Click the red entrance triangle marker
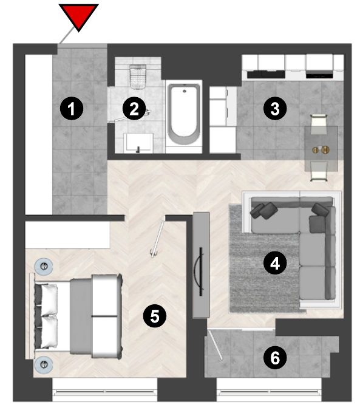(x=78, y=16)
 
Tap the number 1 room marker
(x=72, y=109)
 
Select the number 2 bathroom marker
(x=134, y=109)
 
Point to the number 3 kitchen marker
(x=275, y=109)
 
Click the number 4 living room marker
(x=275, y=264)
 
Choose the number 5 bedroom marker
(x=155, y=316)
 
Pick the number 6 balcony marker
(x=275, y=358)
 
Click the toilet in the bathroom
(x=137, y=76)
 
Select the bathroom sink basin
(x=138, y=143)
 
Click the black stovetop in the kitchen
(x=319, y=74)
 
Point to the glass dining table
(x=321, y=149)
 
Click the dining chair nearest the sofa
(x=319, y=171)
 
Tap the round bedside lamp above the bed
(x=44, y=267)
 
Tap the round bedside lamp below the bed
(x=44, y=364)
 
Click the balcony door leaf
(x=215, y=344)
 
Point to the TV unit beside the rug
(x=201, y=265)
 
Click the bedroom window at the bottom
(x=105, y=390)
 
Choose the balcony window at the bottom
(x=269, y=390)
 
